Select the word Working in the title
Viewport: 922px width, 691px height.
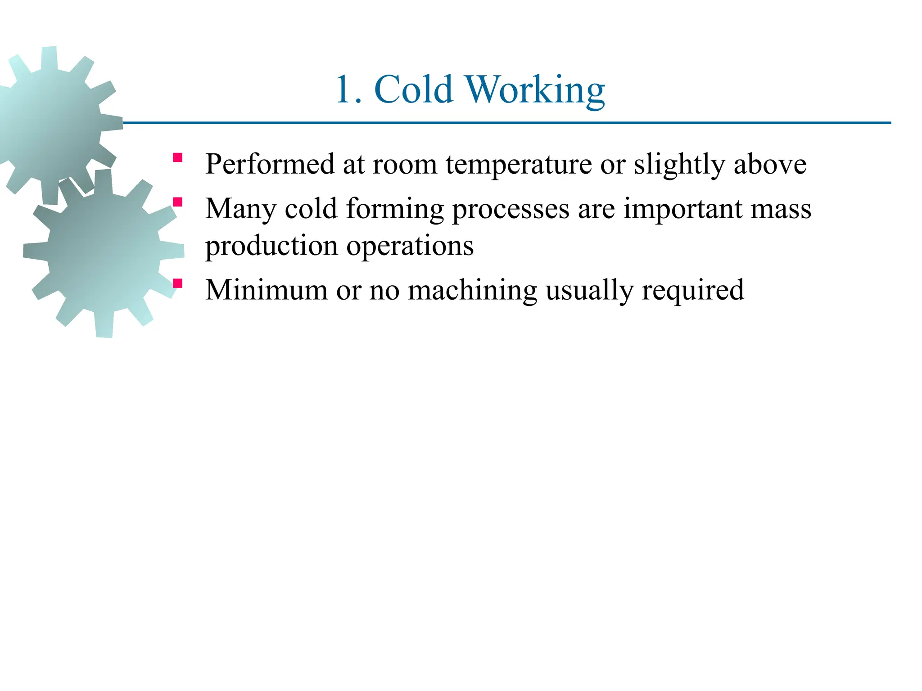click(x=534, y=90)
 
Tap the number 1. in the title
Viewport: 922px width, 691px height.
click(x=348, y=90)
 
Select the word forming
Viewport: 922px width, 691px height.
click(x=395, y=210)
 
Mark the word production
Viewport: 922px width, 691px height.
click(x=271, y=247)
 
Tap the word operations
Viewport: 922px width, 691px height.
click(x=410, y=247)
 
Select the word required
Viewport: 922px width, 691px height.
click(x=693, y=291)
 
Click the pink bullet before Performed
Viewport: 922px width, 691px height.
click(x=177, y=157)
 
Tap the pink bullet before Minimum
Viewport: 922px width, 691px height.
click(x=177, y=283)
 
